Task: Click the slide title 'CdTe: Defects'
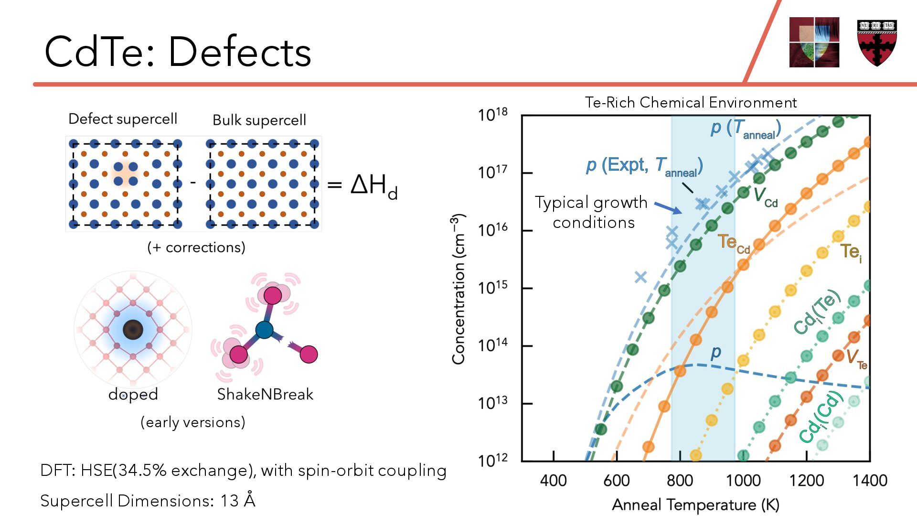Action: pyautogui.click(x=178, y=52)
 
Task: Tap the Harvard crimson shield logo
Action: pyautogui.click(x=877, y=43)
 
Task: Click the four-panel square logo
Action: pyautogui.click(x=814, y=43)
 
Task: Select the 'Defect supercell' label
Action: pyautogui.click(x=123, y=119)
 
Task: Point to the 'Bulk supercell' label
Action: pyautogui.click(x=259, y=120)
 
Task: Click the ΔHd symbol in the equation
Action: pyautogui.click(x=373, y=185)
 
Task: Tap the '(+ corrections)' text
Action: pyautogui.click(x=196, y=247)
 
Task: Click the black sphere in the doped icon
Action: pyautogui.click(x=133, y=330)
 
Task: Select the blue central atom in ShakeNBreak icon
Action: pyautogui.click(x=264, y=330)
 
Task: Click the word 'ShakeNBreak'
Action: pyautogui.click(x=265, y=394)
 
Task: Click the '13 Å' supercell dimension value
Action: pyautogui.click(x=238, y=501)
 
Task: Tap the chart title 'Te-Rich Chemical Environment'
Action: pyautogui.click(x=691, y=102)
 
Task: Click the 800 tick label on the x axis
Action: pyautogui.click(x=680, y=480)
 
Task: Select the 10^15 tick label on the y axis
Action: pyautogui.click(x=493, y=288)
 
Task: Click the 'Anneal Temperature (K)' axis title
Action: pyautogui.click(x=695, y=505)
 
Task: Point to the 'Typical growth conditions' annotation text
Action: pyautogui.click(x=592, y=212)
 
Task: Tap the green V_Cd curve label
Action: pyautogui.click(x=766, y=196)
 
